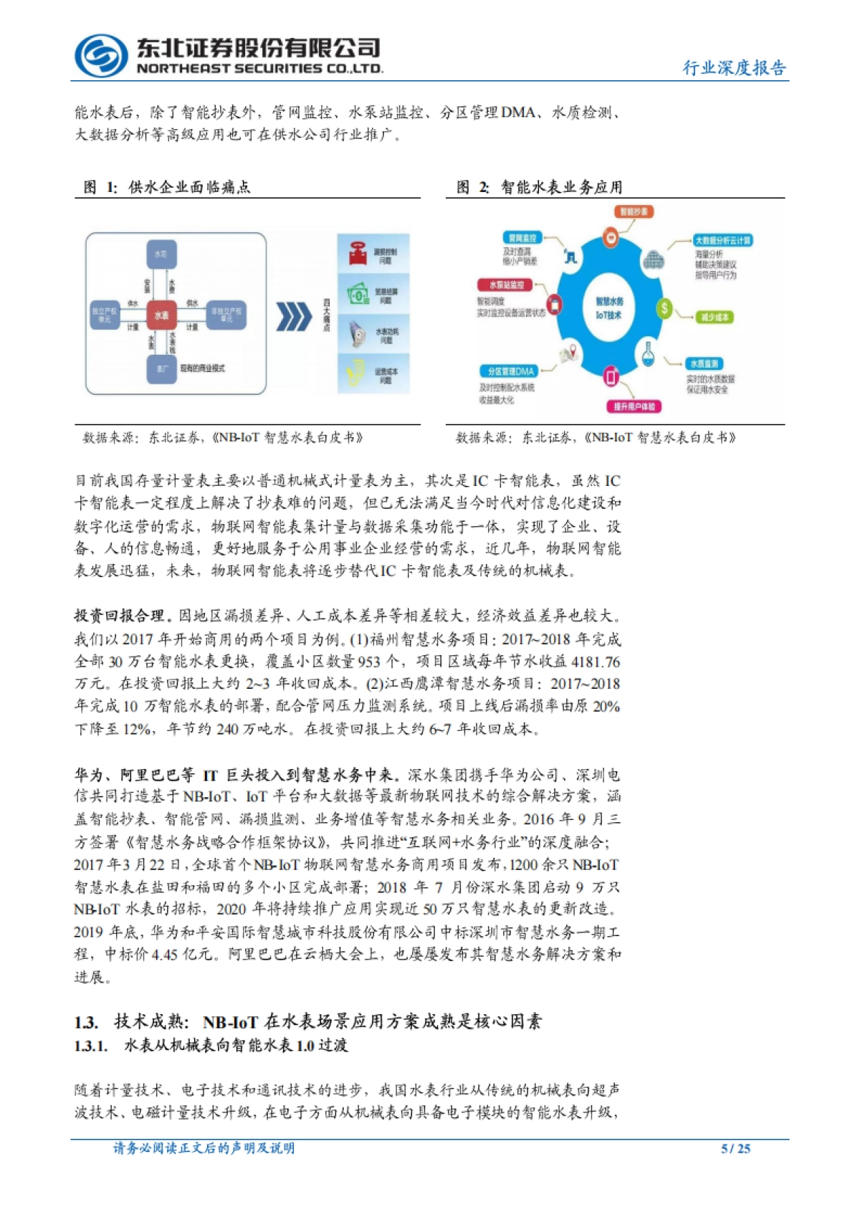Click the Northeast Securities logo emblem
100,55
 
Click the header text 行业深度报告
734,68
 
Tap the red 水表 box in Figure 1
161,315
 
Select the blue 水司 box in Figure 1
161,254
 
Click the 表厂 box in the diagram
161,368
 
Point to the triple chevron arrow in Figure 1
294,316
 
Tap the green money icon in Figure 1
358,294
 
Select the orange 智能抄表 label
634,211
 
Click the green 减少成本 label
714,317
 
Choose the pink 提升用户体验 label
634,406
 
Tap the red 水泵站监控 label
507,285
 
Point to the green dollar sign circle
665,308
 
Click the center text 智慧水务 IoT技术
609,308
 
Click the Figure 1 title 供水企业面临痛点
189,187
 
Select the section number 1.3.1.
91,1046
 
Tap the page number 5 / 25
735,1148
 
